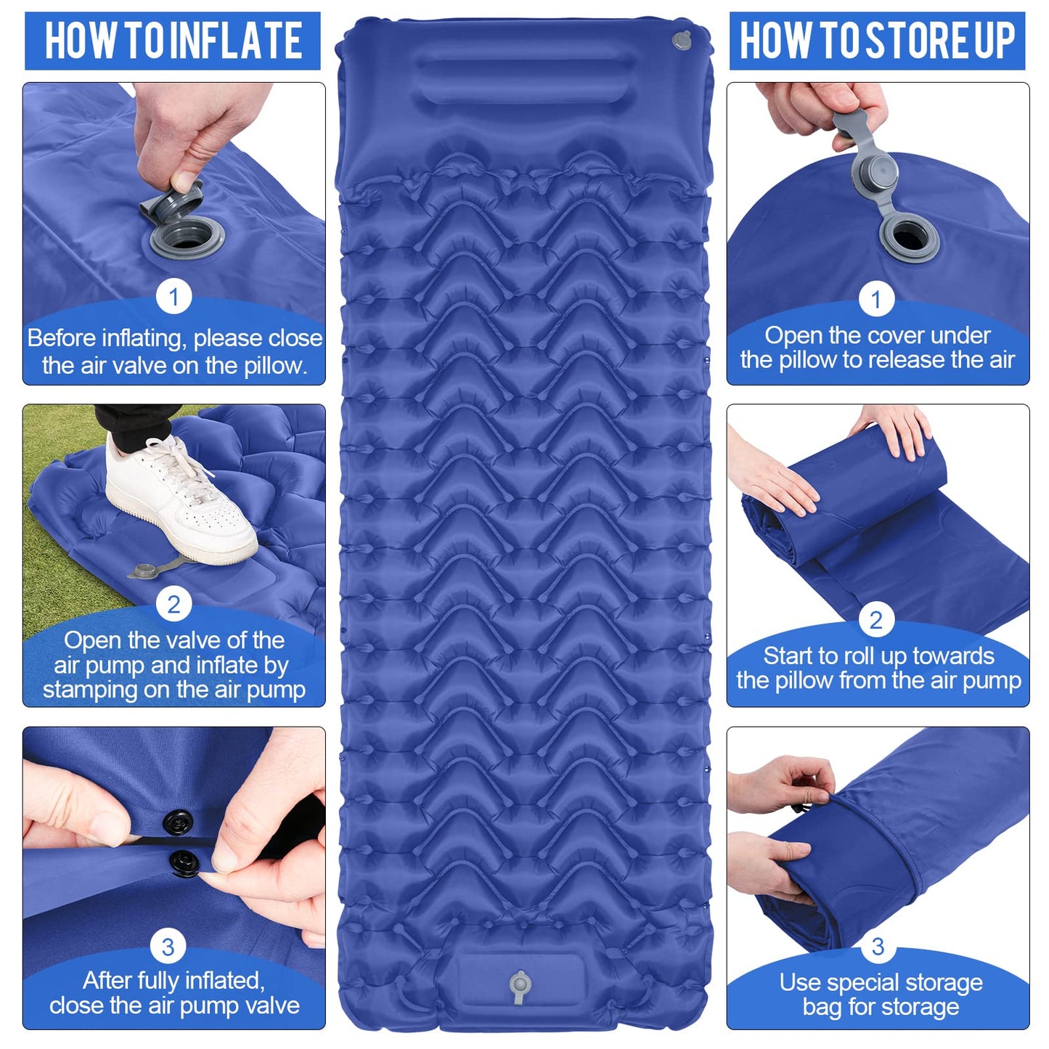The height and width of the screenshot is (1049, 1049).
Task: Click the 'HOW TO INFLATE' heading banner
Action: click(x=173, y=41)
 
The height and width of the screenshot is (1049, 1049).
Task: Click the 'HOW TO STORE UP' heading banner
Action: click(x=877, y=41)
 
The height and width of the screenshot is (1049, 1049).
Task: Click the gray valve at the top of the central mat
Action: click(x=682, y=41)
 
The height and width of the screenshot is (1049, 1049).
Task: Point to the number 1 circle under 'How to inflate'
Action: click(x=174, y=297)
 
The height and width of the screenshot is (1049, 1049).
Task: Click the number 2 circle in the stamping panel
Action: click(x=174, y=604)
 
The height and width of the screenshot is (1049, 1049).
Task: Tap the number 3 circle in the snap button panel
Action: click(x=168, y=947)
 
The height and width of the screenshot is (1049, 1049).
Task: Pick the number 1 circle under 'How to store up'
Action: click(x=876, y=299)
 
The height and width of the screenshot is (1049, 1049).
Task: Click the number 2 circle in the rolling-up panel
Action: click(x=876, y=620)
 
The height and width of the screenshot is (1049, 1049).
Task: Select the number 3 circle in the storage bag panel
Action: click(x=878, y=947)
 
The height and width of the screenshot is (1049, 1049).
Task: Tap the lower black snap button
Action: click(x=184, y=863)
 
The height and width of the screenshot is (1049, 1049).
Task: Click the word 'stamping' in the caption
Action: click(x=89, y=690)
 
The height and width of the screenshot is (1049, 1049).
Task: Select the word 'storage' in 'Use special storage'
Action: click(x=944, y=982)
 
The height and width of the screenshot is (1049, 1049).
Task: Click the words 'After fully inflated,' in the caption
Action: click(x=174, y=980)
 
